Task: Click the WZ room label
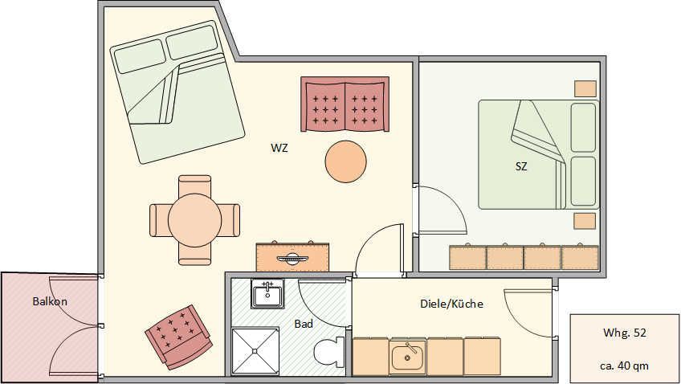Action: click(279, 148)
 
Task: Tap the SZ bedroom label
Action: click(521, 166)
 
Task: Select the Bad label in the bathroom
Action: click(304, 324)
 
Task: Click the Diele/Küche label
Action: click(451, 304)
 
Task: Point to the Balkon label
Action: click(50, 301)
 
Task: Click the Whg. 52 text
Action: click(625, 333)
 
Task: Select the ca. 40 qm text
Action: click(625, 366)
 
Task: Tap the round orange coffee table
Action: click(345, 161)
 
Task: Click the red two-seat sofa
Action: click(345, 104)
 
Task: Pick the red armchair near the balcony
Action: click(178, 337)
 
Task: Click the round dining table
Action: click(195, 220)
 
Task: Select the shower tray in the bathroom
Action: click(255, 351)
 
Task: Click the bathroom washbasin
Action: click(267, 294)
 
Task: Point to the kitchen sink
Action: click(407, 355)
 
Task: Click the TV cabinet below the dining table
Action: click(292, 257)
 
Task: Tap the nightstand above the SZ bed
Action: click(585, 88)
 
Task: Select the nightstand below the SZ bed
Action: click(585, 221)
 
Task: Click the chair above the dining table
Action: click(194, 185)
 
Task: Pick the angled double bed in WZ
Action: click(177, 92)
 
